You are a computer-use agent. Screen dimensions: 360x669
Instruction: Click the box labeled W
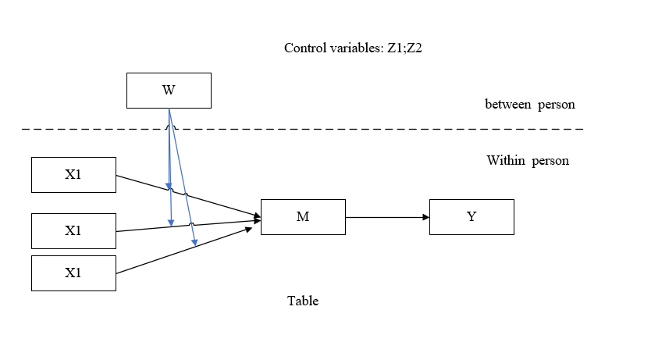[169, 90]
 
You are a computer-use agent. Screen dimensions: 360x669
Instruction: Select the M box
[303, 216]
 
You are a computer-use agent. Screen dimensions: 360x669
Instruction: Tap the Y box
[472, 216]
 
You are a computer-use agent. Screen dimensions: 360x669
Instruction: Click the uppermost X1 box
[73, 174]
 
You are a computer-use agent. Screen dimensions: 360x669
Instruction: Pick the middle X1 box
[73, 230]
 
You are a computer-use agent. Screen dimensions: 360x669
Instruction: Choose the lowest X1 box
[73, 273]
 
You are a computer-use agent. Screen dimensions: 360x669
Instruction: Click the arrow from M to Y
[386, 216]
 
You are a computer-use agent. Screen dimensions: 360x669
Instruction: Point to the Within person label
[528, 161]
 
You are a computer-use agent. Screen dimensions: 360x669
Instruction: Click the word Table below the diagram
[303, 301]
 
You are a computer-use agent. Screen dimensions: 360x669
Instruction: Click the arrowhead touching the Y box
[425, 216]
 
